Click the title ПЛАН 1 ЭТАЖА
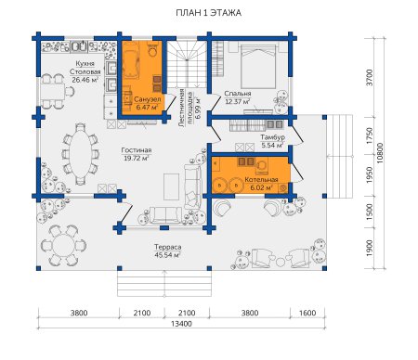pyautogui.click(x=208, y=13)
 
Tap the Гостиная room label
pyautogui.click(x=137, y=150)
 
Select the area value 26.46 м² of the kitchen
pyautogui.click(x=85, y=80)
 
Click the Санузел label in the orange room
pyautogui.click(x=148, y=99)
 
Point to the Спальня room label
pyautogui.click(x=238, y=94)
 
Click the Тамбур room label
pyautogui.click(x=272, y=137)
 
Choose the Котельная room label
pyautogui.click(x=261, y=180)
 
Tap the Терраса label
pyautogui.click(x=168, y=247)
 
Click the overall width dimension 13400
pyautogui.click(x=181, y=324)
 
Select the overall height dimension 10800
pyautogui.click(x=380, y=153)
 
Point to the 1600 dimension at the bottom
pyautogui.click(x=307, y=313)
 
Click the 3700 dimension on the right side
pyautogui.click(x=370, y=78)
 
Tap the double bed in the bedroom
pyautogui.click(x=258, y=66)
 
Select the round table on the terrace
pyautogui.click(x=63, y=246)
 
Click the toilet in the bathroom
pyautogui.click(x=152, y=50)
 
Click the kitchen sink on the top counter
pyautogui.click(x=79, y=46)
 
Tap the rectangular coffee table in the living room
pyautogui.click(x=171, y=187)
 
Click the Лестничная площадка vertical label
pyautogui.click(x=186, y=108)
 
